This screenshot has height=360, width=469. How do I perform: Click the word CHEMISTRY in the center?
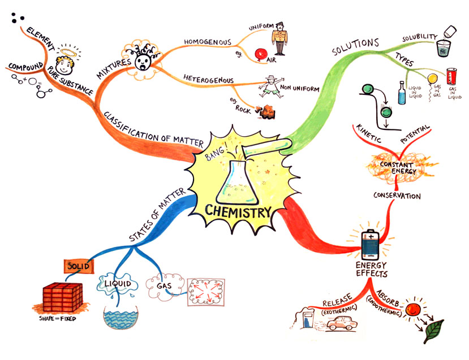pyautogui.click(x=238, y=212)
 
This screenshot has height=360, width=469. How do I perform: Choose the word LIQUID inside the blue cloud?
pyautogui.click(x=118, y=283)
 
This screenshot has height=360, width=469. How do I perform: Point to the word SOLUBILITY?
pyautogui.click(x=420, y=38)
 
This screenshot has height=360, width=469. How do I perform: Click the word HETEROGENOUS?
pyautogui.click(x=209, y=79)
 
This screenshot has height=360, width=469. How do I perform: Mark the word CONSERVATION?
pyautogui.click(x=397, y=196)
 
